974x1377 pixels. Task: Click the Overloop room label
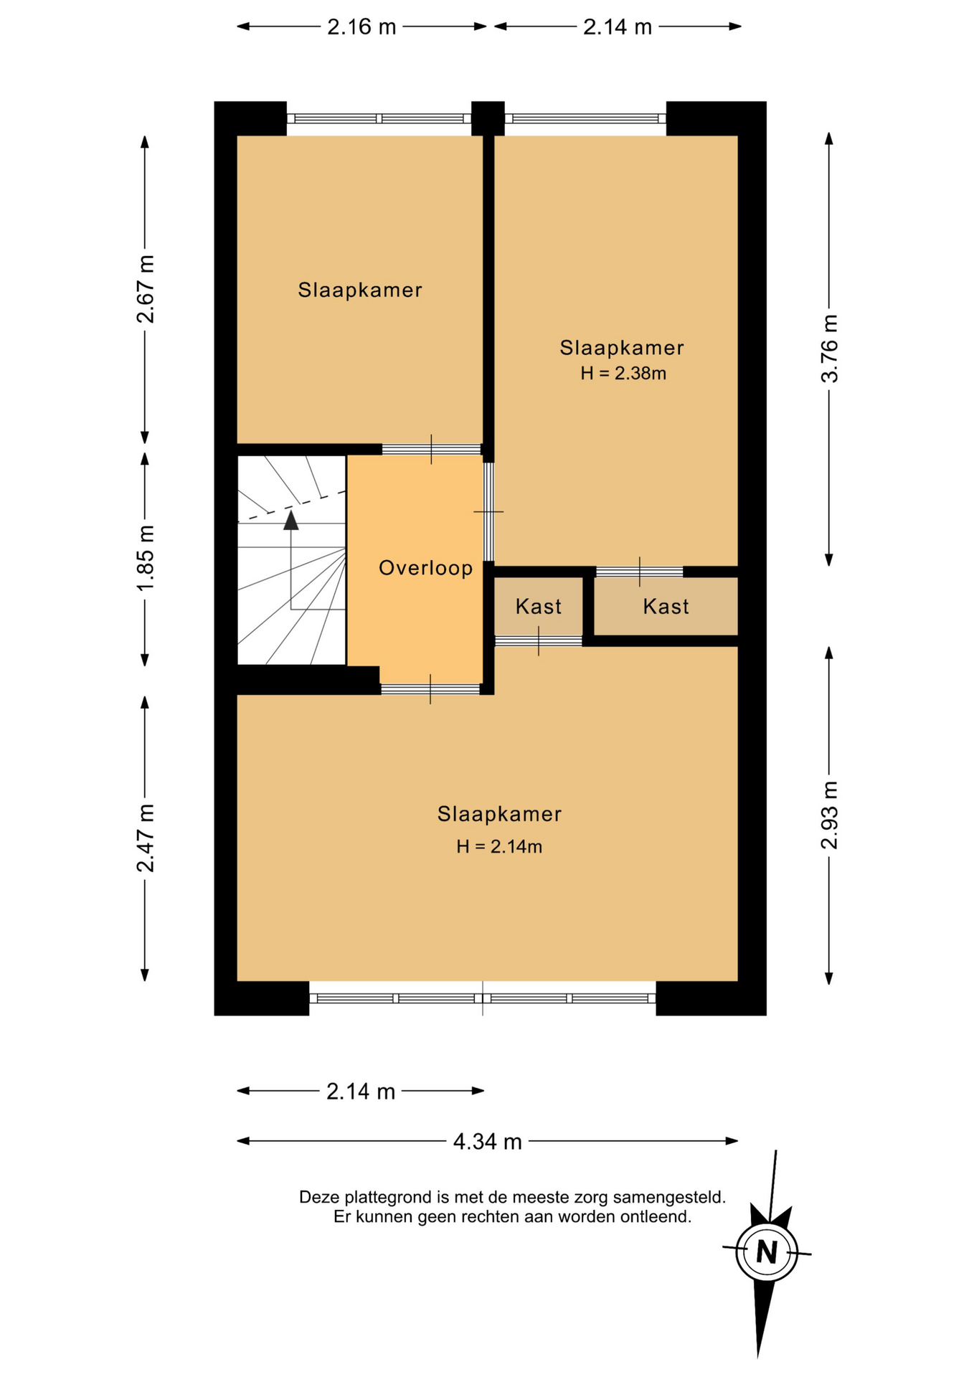pyautogui.click(x=425, y=568)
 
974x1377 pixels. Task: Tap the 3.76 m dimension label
pyautogui.click(x=829, y=349)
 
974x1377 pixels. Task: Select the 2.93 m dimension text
pyautogui.click(x=829, y=815)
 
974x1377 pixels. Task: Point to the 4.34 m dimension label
pyautogui.click(x=487, y=1141)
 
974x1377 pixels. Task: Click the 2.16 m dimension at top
pyautogui.click(x=361, y=27)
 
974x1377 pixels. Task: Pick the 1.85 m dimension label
pyautogui.click(x=146, y=559)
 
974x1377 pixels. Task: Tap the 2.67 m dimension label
pyautogui.click(x=146, y=289)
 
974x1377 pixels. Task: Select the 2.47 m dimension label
pyautogui.click(x=146, y=838)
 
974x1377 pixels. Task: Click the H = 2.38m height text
pyautogui.click(x=623, y=373)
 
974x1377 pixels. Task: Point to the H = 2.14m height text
pyautogui.click(x=499, y=846)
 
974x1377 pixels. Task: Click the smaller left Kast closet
pyautogui.click(x=539, y=607)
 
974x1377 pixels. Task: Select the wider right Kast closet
pyautogui.click(x=666, y=607)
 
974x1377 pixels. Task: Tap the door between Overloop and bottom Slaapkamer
pyautogui.click(x=430, y=689)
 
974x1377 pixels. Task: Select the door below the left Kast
pyautogui.click(x=539, y=641)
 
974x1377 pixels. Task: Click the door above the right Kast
pyautogui.click(x=639, y=572)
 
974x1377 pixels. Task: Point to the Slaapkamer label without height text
pyautogui.click(x=360, y=290)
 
